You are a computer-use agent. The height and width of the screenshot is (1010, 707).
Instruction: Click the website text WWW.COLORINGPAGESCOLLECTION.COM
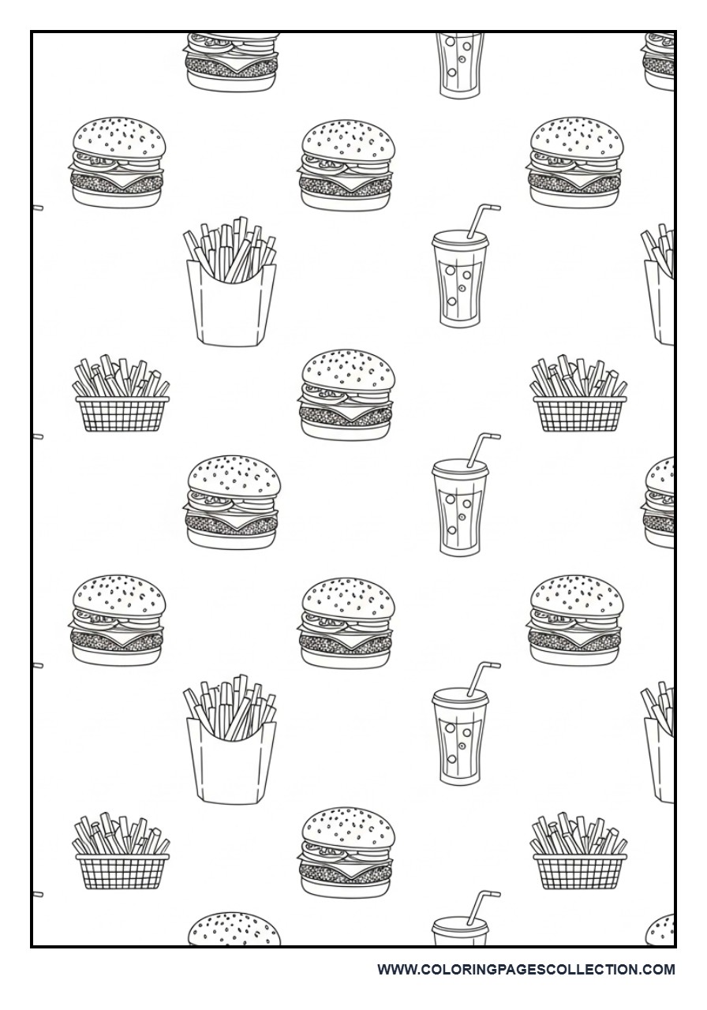(526, 969)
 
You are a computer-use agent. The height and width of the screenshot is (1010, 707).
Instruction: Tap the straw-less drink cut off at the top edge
(460, 65)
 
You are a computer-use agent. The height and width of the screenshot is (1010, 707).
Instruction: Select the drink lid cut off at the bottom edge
(460, 931)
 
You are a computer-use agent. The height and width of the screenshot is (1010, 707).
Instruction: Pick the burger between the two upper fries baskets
(346, 395)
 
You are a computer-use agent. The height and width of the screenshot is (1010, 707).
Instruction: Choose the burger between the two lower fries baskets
(346, 851)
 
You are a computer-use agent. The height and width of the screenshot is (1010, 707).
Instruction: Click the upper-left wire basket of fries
(122, 396)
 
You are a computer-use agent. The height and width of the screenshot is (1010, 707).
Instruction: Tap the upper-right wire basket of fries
(579, 396)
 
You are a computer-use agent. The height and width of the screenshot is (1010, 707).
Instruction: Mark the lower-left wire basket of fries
(122, 852)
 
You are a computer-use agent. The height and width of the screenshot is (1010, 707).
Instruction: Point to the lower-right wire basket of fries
(579, 852)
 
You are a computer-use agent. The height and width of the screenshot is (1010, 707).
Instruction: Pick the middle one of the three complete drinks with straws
(460, 505)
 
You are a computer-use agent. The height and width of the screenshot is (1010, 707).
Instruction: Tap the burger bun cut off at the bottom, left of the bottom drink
(233, 931)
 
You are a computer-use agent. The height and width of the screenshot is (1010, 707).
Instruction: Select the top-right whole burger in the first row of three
(575, 163)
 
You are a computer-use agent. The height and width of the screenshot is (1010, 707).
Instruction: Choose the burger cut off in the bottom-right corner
(661, 931)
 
